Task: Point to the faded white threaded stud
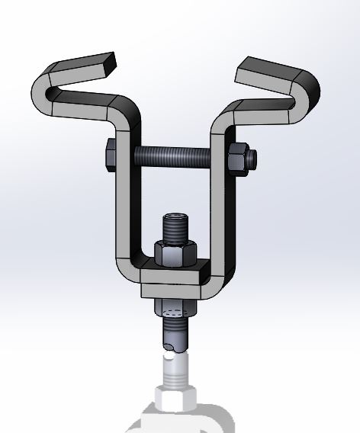point(175,370)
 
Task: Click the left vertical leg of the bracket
point(123,206)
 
